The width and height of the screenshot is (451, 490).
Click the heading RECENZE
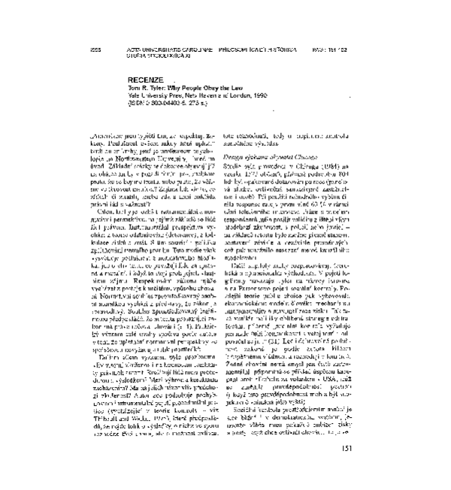tap(145, 79)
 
